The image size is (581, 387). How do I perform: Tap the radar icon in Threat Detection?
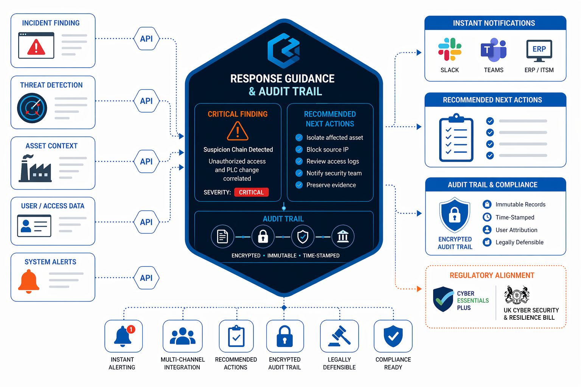coord(32,108)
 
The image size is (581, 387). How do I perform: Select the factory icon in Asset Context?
coord(36,169)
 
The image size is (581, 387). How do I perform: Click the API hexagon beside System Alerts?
coord(146,278)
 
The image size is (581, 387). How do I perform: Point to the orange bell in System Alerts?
coord(29,282)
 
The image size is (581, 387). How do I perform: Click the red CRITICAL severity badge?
coord(251,192)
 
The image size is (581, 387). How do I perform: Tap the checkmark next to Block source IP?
coord(299,149)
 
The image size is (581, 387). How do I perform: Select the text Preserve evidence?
coord(331,185)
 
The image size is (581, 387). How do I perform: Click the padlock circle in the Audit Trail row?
coord(263,237)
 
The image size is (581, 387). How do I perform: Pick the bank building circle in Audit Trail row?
coord(343,237)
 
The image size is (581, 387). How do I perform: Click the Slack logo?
coord(450,50)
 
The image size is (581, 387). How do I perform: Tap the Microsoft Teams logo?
coord(493,50)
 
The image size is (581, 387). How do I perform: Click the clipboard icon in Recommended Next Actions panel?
coord(456,138)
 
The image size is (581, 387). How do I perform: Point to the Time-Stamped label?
coord(515,217)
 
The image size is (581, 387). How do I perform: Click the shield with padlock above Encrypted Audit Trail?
coord(455,215)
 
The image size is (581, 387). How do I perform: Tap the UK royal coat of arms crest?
coord(516,295)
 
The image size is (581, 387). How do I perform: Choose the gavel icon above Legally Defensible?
coord(339,336)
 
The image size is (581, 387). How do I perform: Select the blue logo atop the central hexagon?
coord(284,51)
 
